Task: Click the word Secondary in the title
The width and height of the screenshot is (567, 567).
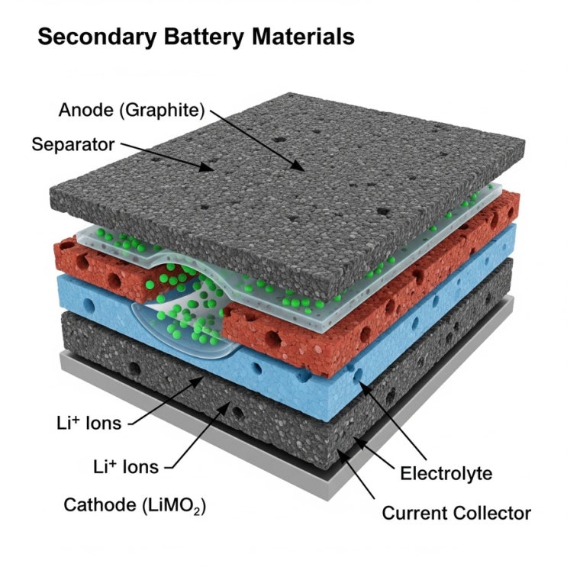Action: [97, 37]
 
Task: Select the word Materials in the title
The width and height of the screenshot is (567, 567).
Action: [303, 37]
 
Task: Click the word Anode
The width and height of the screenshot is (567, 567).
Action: [85, 110]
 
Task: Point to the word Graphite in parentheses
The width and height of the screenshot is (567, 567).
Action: [162, 111]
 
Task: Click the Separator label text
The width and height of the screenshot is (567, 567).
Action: [73, 145]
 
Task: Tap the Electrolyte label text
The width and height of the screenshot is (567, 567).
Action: [446, 473]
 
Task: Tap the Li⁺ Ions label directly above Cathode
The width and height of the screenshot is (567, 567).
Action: [126, 466]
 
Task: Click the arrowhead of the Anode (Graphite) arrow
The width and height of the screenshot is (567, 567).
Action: [298, 166]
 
